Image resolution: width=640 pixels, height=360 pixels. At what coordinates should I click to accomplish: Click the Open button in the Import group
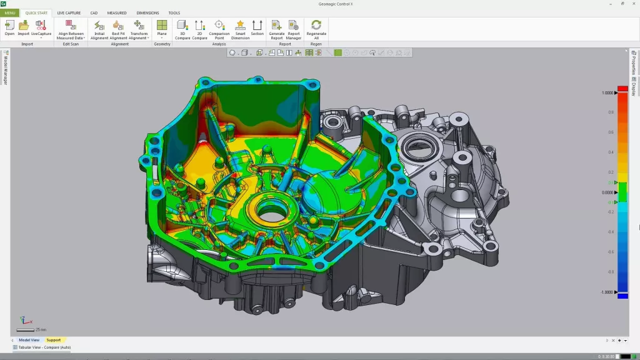pos(9,27)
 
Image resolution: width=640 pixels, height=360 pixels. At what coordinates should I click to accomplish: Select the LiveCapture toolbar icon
pos(41,27)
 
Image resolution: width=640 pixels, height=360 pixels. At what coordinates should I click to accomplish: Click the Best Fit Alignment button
pos(118,29)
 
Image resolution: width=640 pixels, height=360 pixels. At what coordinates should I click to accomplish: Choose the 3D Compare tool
pos(182,27)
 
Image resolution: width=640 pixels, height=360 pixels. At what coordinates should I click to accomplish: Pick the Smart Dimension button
pos(240,27)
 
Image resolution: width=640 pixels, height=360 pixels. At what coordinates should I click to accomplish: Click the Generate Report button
pos(276,27)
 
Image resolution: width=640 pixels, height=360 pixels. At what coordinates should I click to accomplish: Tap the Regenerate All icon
pos(316,27)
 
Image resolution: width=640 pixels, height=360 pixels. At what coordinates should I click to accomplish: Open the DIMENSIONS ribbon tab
pos(147,12)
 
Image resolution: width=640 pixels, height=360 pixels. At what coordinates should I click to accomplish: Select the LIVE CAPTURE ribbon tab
pos(69,12)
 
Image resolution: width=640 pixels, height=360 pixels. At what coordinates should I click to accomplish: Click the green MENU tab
pos(10,12)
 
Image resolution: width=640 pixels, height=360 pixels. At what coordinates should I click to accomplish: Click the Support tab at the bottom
pos(54,340)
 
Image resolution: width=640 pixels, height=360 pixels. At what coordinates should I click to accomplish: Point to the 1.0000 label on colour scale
pos(607,92)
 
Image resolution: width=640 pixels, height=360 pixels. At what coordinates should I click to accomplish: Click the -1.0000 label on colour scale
pos(607,292)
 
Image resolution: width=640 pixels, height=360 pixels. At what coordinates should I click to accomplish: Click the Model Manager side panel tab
pos(6,69)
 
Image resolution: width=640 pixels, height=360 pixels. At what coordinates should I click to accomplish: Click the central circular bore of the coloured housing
pos(267,213)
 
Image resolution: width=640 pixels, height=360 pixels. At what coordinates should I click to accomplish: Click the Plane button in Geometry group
pos(162,27)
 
